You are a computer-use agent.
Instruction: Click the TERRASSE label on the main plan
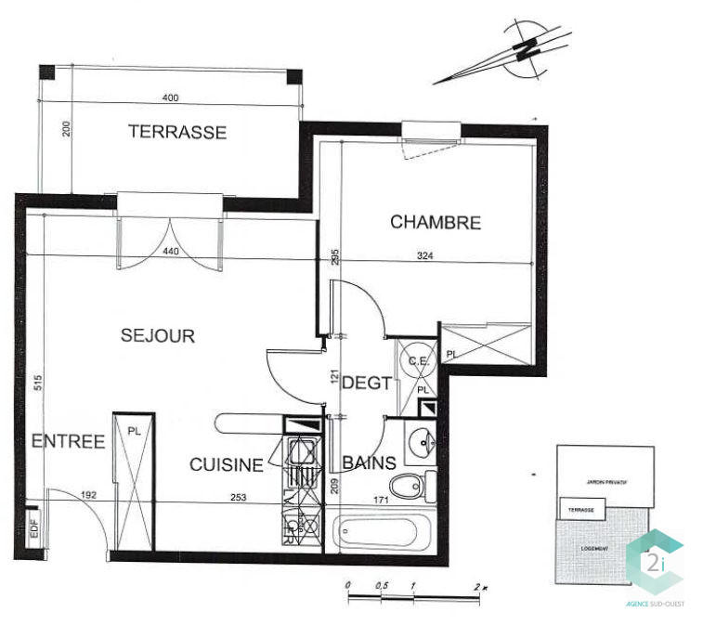[176, 132]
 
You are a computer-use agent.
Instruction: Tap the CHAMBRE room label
[435, 223]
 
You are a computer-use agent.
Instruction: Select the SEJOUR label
[158, 336]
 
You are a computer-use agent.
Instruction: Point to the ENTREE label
[68, 442]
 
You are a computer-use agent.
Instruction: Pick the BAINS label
[369, 462]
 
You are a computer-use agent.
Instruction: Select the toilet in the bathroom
[410, 485]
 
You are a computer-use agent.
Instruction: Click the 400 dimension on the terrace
[170, 98]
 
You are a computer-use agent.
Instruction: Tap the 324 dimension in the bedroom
[425, 255]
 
